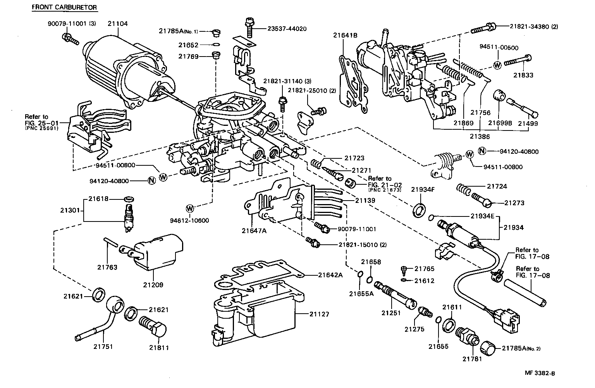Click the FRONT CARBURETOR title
tap(64, 7)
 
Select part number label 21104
tap(117, 24)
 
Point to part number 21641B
tap(345, 35)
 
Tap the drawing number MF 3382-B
tap(540, 374)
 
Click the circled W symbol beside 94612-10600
tap(190, 208)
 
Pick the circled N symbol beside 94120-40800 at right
tap(482, 151)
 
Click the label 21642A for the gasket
tap(330, 275)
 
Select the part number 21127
tap(319, 314)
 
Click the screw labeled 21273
tap(482, 200)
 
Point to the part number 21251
tap(391, 312)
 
